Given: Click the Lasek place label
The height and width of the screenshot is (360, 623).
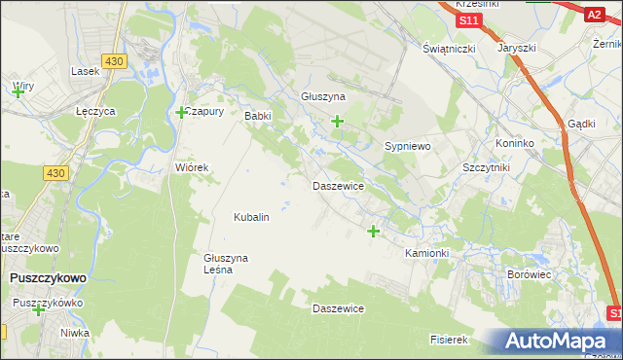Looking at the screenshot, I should pos(87,71).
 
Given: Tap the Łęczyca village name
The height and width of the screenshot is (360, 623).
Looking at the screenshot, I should pos(96,112).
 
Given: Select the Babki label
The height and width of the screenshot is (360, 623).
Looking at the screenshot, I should pos(257,116).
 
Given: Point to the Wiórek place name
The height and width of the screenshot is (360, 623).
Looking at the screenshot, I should pos(192,167).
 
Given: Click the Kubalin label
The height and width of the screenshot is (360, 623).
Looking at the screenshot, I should pos(251,217).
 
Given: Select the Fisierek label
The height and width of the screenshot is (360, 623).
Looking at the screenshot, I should pos(450,341).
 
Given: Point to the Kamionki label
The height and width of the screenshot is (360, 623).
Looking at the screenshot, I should pos(426,253).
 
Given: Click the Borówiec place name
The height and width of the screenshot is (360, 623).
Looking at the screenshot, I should pos(531,275).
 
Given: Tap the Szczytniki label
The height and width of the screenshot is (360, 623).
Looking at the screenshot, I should pos(488,167).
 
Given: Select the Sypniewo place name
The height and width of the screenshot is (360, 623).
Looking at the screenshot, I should pos(408,145).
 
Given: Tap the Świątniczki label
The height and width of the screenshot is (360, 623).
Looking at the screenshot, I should pos(448,49).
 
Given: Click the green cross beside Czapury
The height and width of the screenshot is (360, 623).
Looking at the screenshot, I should pos(181,113).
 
